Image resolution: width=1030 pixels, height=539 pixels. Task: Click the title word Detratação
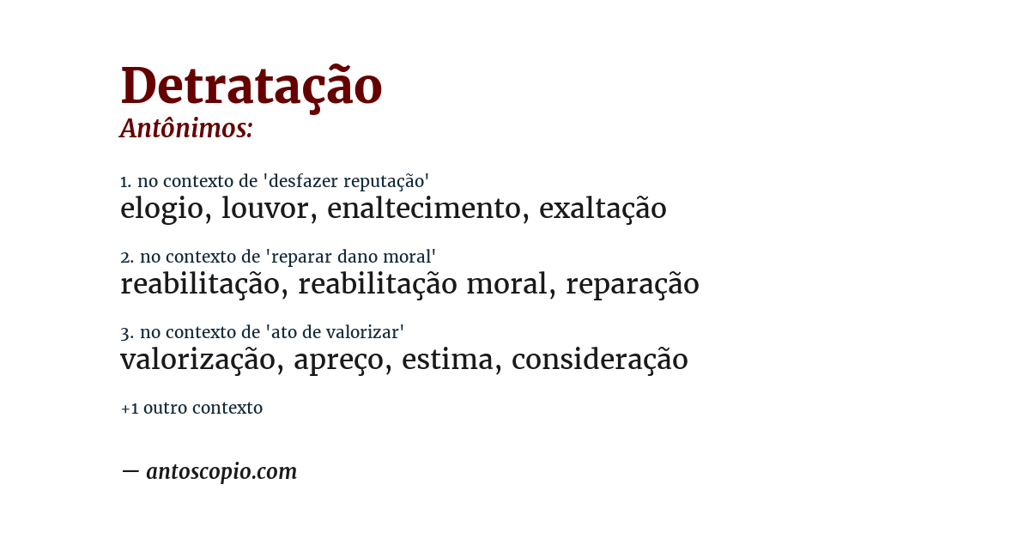pos(251,86)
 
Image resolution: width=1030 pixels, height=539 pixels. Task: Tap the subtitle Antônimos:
pos(186,129)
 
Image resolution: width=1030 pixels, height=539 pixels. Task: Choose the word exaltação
pos(603,209)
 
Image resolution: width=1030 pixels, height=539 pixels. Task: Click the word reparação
pos(632,284)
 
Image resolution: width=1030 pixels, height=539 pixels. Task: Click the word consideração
pos(599,360)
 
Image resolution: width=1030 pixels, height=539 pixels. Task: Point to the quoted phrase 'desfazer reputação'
pos(346,181)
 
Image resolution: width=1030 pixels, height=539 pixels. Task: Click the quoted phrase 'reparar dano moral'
pos(350,257)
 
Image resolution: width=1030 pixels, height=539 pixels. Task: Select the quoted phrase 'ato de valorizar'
pos(334,332)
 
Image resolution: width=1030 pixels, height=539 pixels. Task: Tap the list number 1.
pos(125,181)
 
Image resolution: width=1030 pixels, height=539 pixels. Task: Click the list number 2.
pos(126,257)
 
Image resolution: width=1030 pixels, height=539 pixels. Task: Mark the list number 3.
pos(126,332)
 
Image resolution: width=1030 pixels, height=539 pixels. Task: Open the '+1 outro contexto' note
pos(191,408)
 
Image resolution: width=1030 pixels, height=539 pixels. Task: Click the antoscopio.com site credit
pos(221,471)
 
